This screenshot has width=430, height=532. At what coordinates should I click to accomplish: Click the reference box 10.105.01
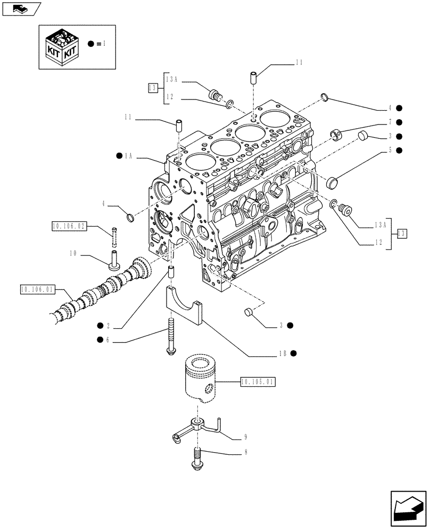258,381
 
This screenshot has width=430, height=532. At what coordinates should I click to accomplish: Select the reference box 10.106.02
69,227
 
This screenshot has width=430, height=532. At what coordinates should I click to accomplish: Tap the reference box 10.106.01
37,290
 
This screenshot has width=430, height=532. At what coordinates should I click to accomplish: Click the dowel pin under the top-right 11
253,76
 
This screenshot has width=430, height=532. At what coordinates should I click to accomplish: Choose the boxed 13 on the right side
403,232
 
